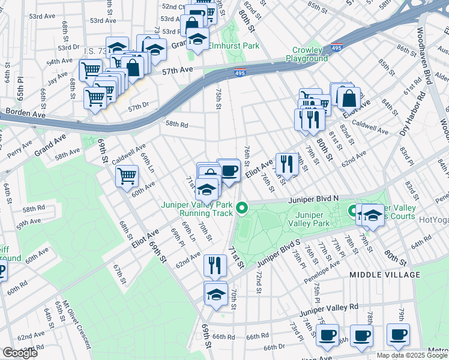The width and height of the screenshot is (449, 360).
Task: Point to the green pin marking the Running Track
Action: coord(242,209)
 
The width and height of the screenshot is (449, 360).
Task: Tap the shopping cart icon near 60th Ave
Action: coord(127,176)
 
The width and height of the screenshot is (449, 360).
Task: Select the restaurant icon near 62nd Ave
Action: coord(215,264)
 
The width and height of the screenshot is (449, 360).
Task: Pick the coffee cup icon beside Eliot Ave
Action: coord(229,170)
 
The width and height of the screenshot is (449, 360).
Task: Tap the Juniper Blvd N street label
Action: coord(313,199)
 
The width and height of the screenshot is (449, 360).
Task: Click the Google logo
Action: coord(20,353)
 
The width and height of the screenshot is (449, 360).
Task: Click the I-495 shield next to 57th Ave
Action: coord(239,73)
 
